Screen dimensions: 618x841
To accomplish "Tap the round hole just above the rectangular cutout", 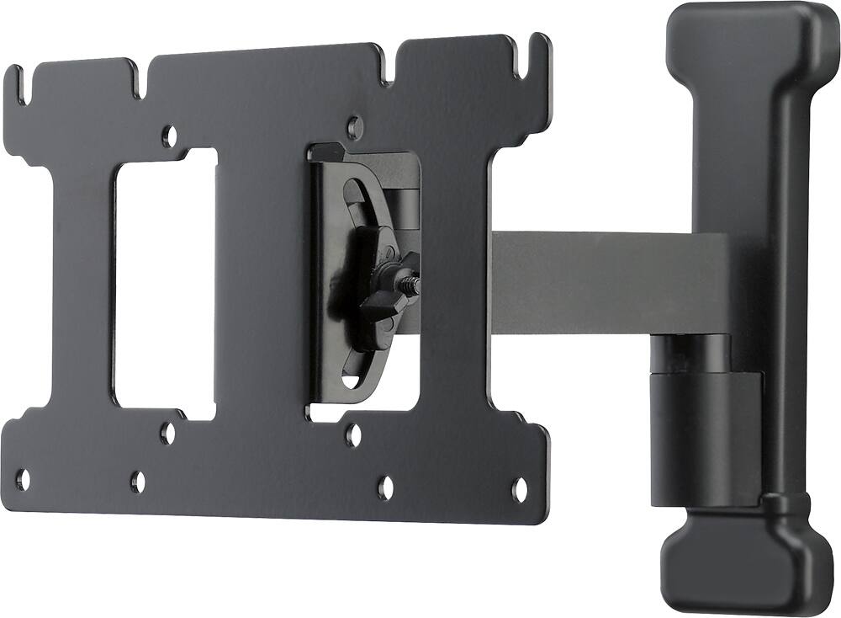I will (x=169, y=133).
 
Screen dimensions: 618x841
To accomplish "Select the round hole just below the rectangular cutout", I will (x=168, y=434).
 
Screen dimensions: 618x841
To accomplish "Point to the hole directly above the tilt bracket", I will (x=355, y=128).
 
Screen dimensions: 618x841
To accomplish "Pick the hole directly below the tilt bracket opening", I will (x=354, y=435).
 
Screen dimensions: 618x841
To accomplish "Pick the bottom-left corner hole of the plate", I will (x=23, y=480).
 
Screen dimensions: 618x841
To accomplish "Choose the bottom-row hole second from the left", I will (x=138, y=482).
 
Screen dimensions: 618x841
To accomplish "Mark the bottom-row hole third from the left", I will (x=385, y=487).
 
